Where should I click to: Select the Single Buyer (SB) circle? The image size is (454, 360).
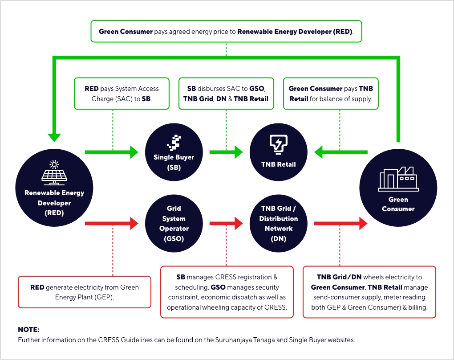pos(174,151)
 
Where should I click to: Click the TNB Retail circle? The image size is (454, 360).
pos(278,151)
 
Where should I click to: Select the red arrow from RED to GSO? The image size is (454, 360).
pos(111,223)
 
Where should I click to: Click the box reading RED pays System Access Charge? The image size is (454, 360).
pos(122,94)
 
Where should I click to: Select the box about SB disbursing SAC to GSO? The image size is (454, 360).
pos(226,94)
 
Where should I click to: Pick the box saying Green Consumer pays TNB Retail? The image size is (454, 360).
pos(331,94)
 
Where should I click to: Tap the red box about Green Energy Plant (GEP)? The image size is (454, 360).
pos(85,292)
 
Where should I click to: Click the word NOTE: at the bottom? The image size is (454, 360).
pos(28,330)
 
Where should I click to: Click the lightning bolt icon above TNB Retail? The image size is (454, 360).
pos(278,143)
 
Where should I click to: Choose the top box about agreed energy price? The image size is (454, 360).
pos(226,32)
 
